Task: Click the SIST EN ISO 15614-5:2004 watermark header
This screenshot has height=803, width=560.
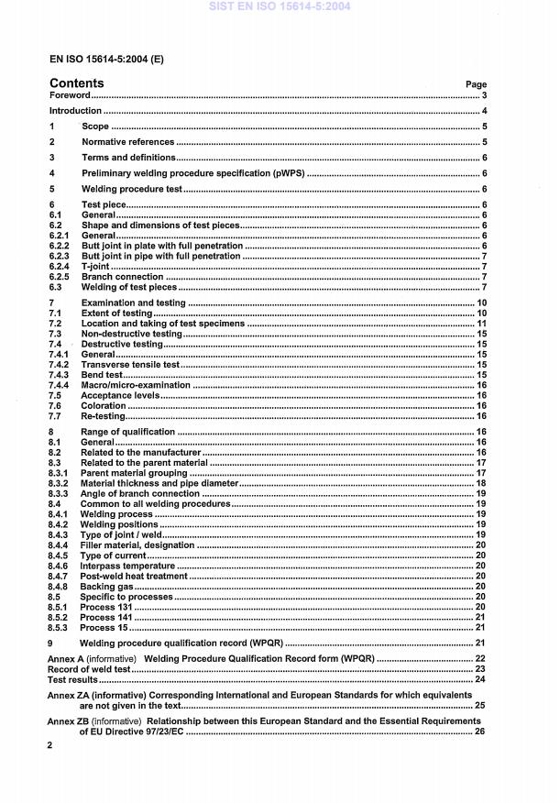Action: pyautogui.click(x=280, y=7)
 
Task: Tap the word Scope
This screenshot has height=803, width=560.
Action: pyautogui.click(x=94, y=126)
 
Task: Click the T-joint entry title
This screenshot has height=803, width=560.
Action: pyautogui.click(x=95, y=266)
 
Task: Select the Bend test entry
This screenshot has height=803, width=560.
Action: pyautogui.click(x=102, y=375)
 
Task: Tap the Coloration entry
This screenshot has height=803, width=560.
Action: pyautogui.click(x=104, y=405)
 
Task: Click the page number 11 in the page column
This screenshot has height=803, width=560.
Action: pyautogui.click(x=481, y=324)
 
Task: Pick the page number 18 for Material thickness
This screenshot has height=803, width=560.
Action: pyautogui.click(x=481, y=482)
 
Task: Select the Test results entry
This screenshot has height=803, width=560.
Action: pyautogui.click(x=72, y=679)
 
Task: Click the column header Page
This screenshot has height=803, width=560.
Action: pyautogui.click(x=476, y=84)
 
